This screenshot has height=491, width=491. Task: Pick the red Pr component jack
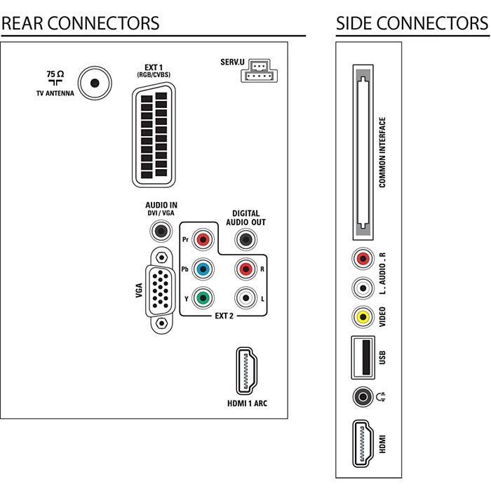click(203, 239)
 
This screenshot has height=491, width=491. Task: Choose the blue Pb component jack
click(203, 269)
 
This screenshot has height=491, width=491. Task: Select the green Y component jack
click(203, 297)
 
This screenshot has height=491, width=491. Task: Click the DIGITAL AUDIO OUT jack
click(244, 240)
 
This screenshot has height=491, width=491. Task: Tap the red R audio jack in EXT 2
click(244, 269)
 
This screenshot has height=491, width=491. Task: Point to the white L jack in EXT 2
click(244, 297)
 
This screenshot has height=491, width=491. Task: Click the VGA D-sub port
click(162, 288)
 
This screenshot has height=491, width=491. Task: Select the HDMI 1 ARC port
click(245, 371)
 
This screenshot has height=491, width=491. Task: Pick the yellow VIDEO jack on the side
click(362, 316)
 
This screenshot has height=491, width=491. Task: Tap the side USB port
click(362, 358)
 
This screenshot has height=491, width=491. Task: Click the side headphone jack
click(362, 398)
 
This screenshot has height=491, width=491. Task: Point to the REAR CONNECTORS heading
click(80, 23)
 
